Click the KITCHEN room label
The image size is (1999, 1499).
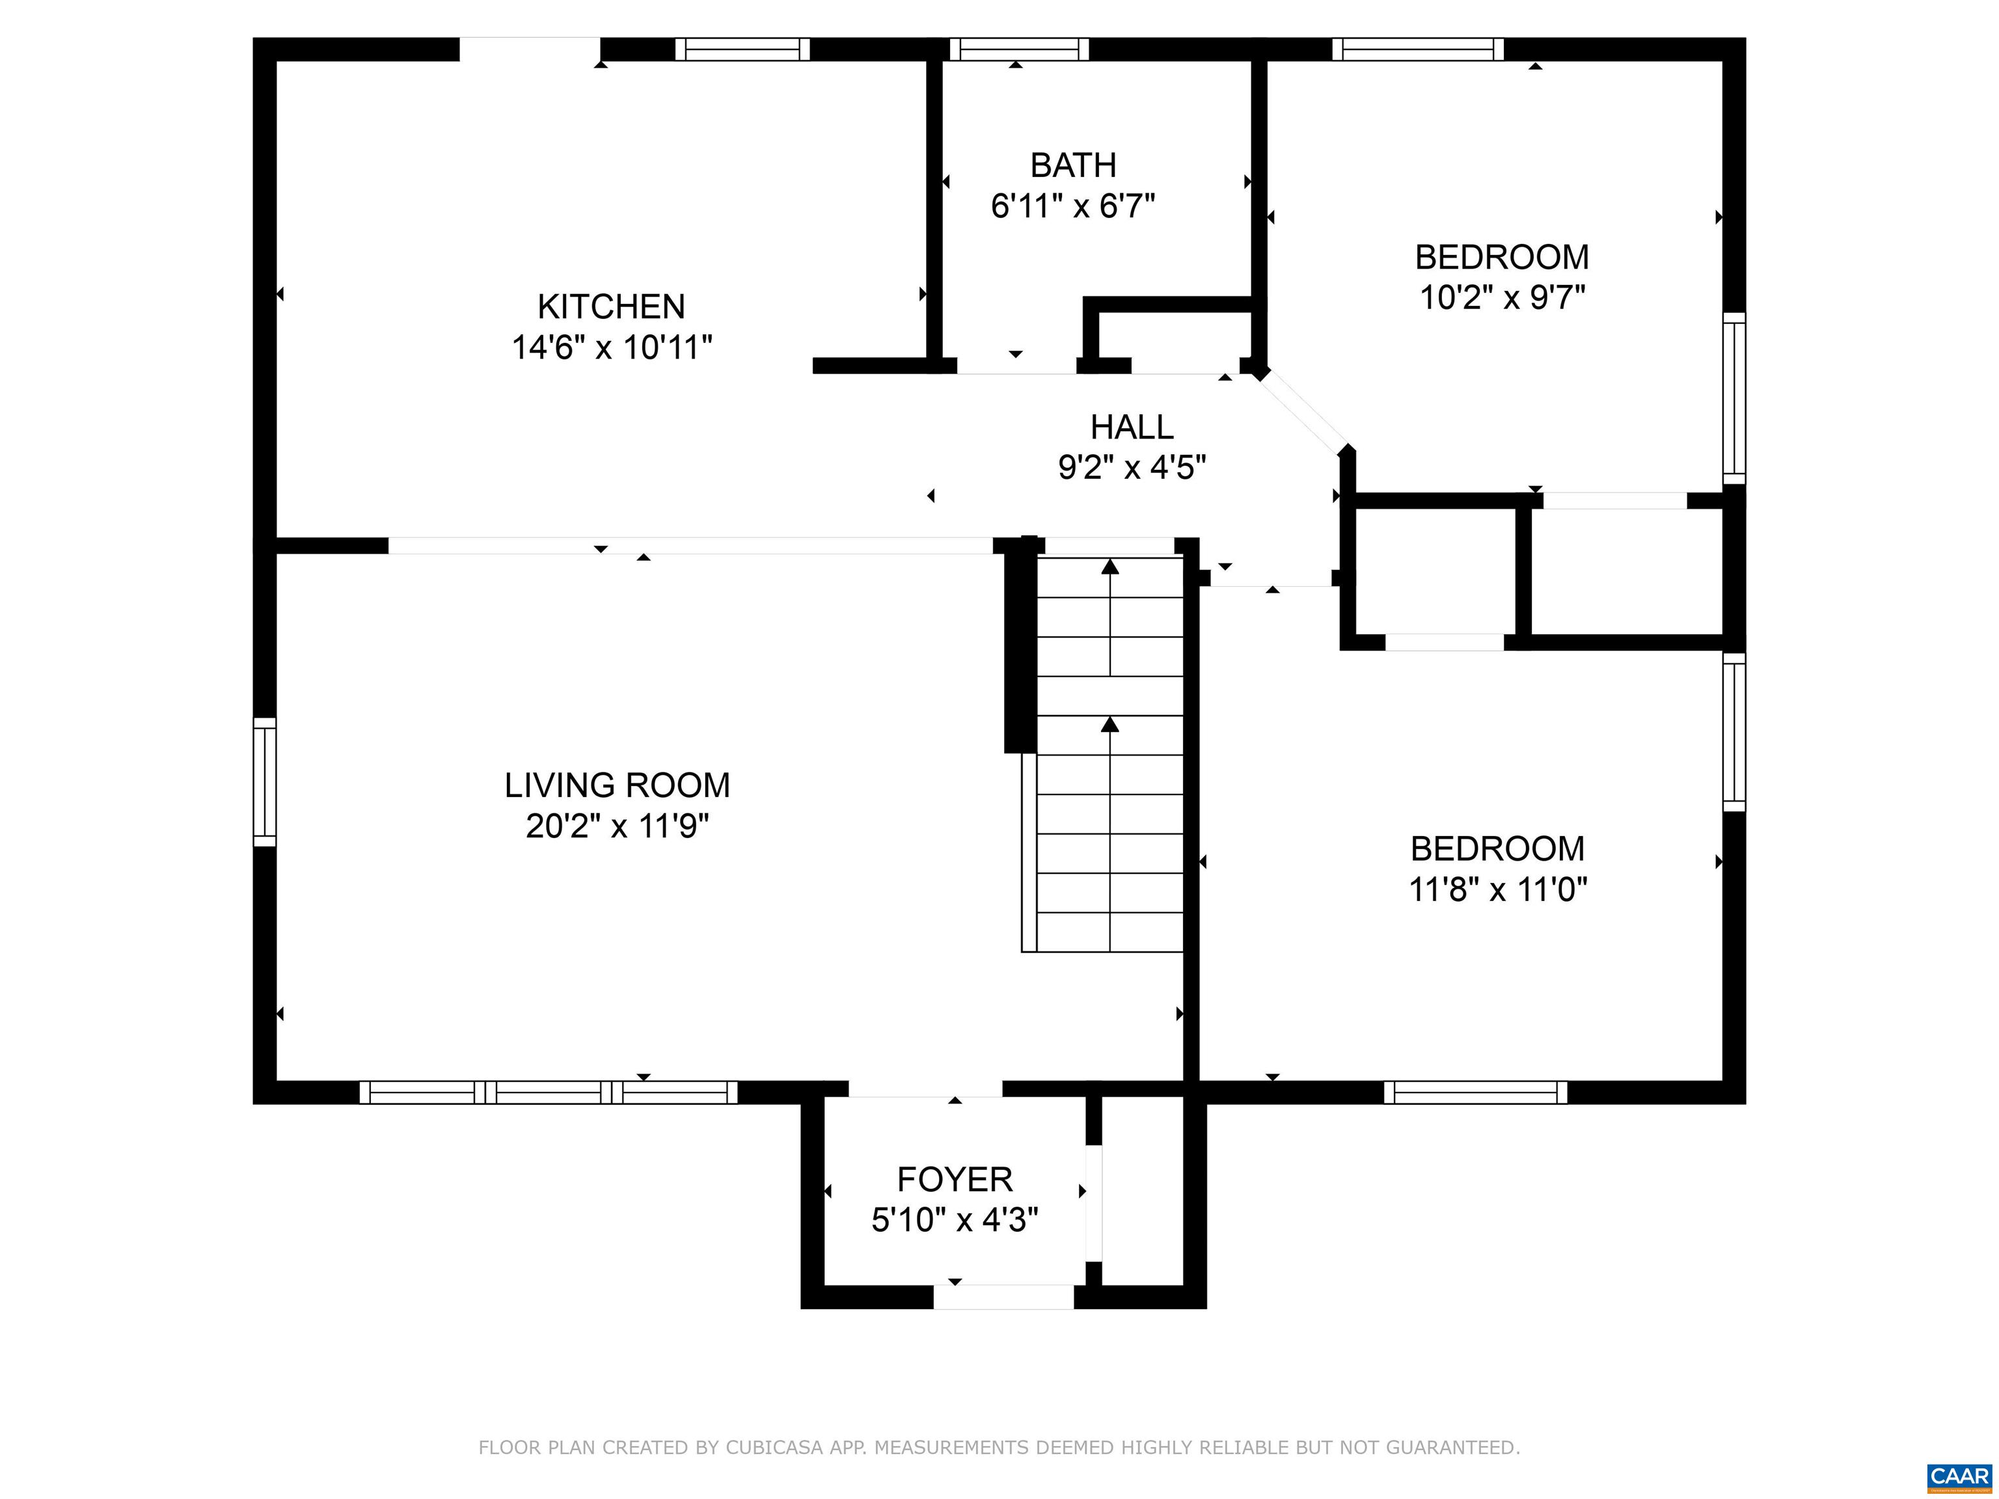click(x=611, y=307)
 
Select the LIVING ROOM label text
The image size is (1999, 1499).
click(x=618, y=785)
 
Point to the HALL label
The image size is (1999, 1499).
click(x=1132, y=427)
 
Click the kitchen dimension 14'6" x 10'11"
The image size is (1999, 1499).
click(x=612, y=347)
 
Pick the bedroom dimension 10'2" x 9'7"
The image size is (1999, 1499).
click(x=1502, y=297)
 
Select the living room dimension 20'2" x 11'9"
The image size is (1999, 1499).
click(x=618, y=826)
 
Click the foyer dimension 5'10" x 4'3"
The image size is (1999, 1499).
click(x=955, y=1220)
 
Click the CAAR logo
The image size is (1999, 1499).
click(x=1959, y=1476)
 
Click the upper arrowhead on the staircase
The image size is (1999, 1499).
click(x=1109, y=567)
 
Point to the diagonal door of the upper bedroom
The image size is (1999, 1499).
click(x=1301, y=412)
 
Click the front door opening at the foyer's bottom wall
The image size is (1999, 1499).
click(x=1003, y=1297)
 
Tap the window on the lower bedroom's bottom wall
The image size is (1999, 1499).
click(x=1476, y=1092)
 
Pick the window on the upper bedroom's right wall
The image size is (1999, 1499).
click(x=1734, y=398)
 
